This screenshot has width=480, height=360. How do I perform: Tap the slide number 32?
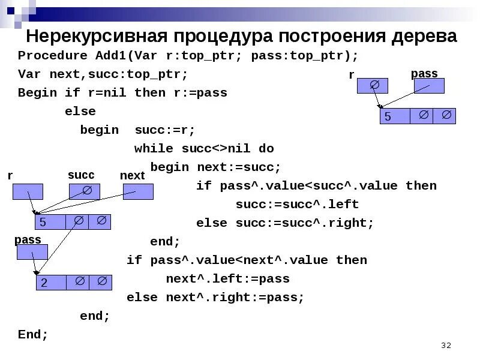[x=445, y=346]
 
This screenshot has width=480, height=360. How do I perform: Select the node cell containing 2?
[x=50, y=282]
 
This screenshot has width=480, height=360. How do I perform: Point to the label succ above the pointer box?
[x=81, y=175]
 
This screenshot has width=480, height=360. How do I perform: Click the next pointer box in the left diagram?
[x=138, y=191]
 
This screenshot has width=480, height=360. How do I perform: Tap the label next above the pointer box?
[x=133, y=175]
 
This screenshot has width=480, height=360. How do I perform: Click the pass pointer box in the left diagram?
[x=32, y=253]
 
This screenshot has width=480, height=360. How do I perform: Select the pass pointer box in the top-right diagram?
[x=429, y=86]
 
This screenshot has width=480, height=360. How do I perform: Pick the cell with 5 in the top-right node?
[x=395, y=116]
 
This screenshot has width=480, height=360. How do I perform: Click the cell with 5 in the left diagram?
[x=50, y=221]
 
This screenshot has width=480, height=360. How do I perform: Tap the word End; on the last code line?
[x=33, y=334]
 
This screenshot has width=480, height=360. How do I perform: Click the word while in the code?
[x=154, y=148]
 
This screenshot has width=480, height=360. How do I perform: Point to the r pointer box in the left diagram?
[x=28, y=191]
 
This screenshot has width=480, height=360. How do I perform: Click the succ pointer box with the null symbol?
[x=84, y=191]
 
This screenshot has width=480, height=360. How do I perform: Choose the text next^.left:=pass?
[x=228, y=278]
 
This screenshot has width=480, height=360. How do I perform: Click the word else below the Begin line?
[x=80, y=112]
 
